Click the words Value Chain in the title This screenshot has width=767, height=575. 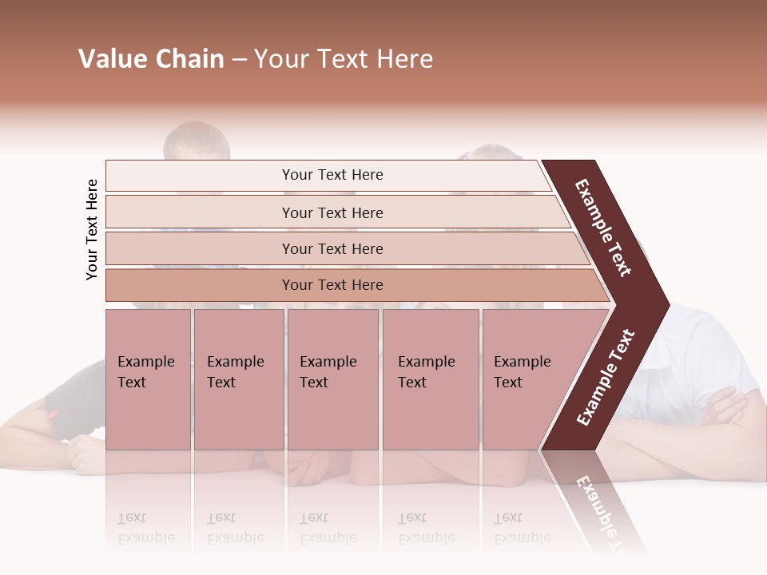coord(151,59)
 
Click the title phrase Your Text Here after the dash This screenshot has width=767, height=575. coord(344,59)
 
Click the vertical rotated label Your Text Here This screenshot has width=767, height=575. coord(92,229)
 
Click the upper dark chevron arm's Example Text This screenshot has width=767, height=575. coord(603,228)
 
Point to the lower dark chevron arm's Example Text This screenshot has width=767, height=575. coord(606,377)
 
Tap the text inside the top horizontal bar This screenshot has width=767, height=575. coord(332,175)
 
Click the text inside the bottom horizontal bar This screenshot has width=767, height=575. coord(332,285)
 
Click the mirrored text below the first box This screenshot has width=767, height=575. coord(145,528)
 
